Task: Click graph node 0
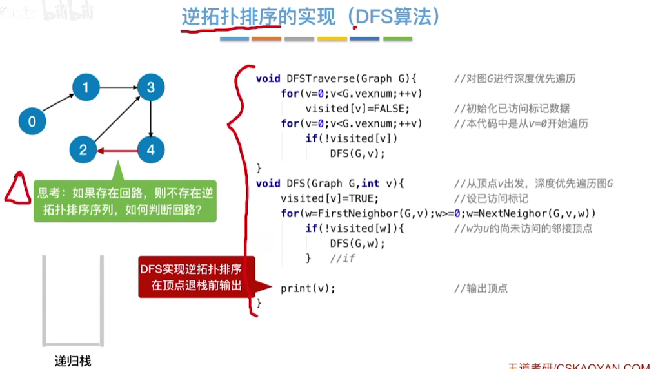click(x=32, y=120)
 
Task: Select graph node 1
click(x=85, y=87)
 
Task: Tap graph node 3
click(x=150, y=87)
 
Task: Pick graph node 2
click(x=83, y=150)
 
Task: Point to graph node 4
click(x=151, y=150)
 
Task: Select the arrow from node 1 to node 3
click(x=117, y=87)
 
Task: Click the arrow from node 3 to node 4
click(x=150, y=118)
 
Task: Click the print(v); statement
click(x=308, y=288)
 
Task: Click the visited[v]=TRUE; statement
click(x=329, y=198)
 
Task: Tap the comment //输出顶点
click(x=481, y=288)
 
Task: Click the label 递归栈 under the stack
click(x=72, y=361)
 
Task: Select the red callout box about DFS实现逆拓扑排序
click(x=197, y=277)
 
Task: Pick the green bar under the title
click(x=397, y=39)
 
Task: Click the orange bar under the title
click(x=266, y=39)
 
